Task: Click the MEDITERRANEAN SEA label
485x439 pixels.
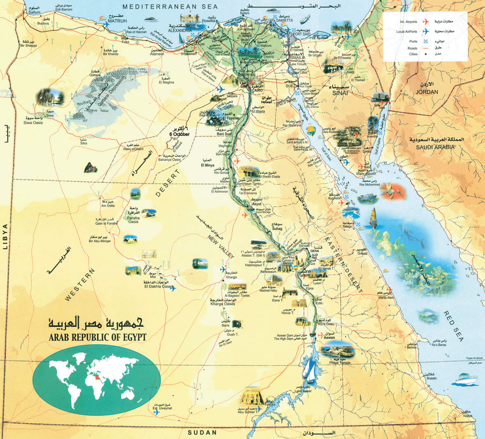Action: [164, 7]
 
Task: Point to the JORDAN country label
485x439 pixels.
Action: [427, 92]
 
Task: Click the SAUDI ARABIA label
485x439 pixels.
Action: [435, 147]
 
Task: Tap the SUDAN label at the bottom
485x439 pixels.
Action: [202, 433]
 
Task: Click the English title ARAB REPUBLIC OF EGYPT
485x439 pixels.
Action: [97, 337]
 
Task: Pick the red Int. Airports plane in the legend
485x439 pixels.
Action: [425, 21]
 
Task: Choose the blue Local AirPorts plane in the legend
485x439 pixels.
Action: [425, 32]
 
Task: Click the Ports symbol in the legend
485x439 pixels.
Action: [426, 41]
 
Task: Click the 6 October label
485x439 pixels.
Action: [179, 134]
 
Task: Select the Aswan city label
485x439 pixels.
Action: [329, 338]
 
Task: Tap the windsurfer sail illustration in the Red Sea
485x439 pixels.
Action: [374, 216]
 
